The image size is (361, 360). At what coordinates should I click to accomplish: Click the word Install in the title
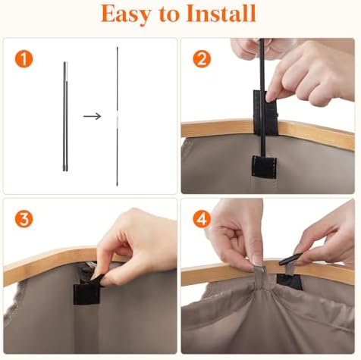[x=221, y=13]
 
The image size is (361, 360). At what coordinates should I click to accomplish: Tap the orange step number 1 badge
[x=24, y=58]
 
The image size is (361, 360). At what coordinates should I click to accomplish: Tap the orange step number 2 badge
[x=202, y=58]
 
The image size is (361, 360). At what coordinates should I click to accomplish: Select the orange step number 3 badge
[x=24, y=219]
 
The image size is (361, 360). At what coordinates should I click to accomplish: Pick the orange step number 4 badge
[x=202, y=219]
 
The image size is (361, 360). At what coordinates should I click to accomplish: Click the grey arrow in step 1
[x=93, y=116]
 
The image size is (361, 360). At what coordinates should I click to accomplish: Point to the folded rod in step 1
[x=65, y=117]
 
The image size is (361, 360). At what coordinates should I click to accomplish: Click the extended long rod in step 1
[x=118, y=117]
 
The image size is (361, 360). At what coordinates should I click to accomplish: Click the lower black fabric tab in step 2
[x=264, y=166]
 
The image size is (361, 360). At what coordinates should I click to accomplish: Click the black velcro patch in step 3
[x=86, y=293]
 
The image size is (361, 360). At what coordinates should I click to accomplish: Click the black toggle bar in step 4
[x=290, y=259]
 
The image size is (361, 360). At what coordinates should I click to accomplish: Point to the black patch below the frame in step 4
[x=290, y=282]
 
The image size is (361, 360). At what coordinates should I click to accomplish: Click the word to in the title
[x=168, y=14]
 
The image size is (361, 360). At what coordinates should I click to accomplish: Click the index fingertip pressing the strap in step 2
[x=271, y=96]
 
